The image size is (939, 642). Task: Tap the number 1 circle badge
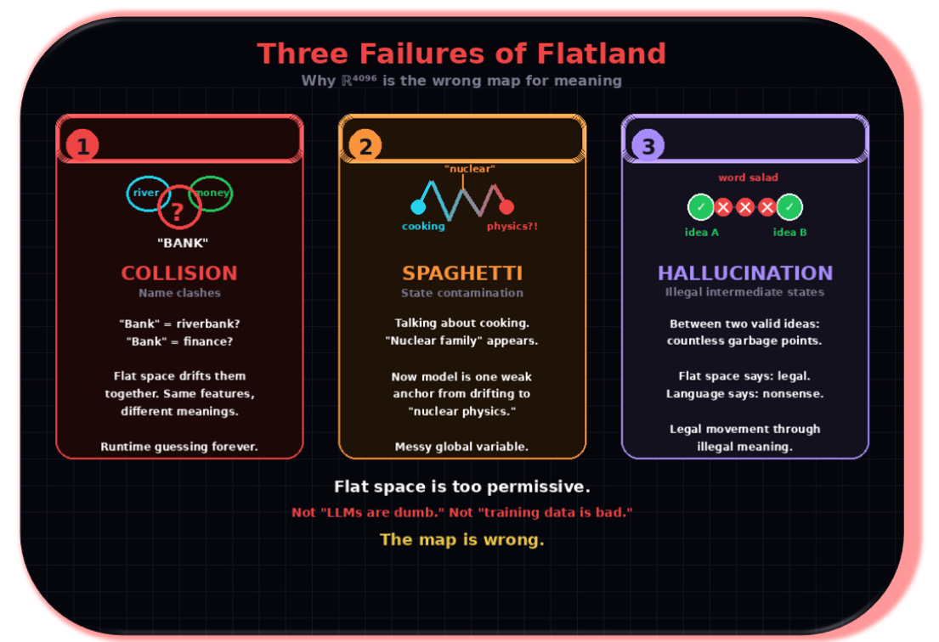[x=82, y=147]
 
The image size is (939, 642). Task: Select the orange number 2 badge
[x=365, y=147]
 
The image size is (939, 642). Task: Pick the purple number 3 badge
[x=648, y=147]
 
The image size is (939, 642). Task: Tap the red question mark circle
[x=178, y=209]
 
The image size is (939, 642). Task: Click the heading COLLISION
[x=179, y=273]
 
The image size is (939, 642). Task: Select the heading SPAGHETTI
[x=462, y=273]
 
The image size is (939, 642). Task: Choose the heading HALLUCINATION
[x=744, y=273]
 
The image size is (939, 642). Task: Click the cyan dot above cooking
[x=418, y=207]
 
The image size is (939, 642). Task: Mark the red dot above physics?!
[x=506, y=207]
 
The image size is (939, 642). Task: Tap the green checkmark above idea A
[x=701, y=206]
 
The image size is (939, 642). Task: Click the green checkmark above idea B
[x=789, y=206]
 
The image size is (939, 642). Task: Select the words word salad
[x=748, y=177]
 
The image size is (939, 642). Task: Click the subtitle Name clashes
[x=179, y=293]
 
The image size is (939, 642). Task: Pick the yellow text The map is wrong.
[x=461, y=539]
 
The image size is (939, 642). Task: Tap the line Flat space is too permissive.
[x=461, y=487]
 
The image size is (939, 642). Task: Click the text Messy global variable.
[x=461, y=447]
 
